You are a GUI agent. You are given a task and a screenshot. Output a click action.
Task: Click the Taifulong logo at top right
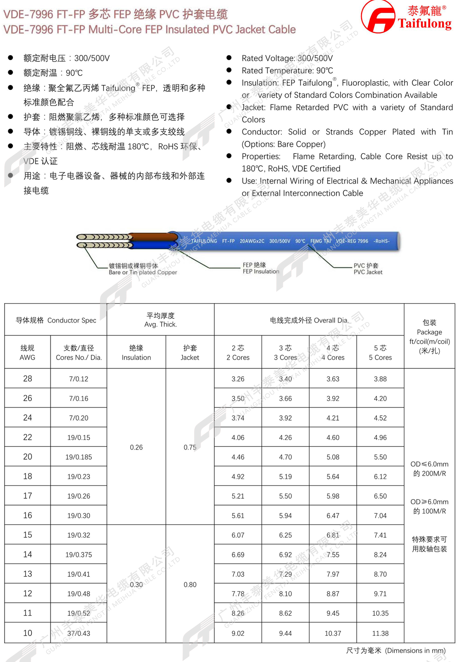pyautogui.click(x=406, y=17)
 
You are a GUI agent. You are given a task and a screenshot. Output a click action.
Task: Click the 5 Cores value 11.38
pyautogui.click(x=380, y=633)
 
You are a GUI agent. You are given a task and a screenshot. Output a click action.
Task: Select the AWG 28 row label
pyautogui.click(x=28, y=378)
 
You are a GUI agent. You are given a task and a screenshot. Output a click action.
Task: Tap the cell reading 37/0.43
pyautogui.click(x=78, y=633)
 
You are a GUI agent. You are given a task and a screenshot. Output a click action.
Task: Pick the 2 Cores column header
pyautogui.click(x=238, y=352)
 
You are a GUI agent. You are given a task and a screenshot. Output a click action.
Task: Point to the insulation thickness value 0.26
pyautogui.click(x=136, y=447)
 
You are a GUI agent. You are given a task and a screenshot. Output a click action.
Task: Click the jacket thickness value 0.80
pyautogui.click(x=190, y=584)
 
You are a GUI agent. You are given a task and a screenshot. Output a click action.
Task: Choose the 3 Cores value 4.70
pyautogui.click(x=285, y=457)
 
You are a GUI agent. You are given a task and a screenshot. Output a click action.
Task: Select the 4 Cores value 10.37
pyautogui.click(x=333, y=633)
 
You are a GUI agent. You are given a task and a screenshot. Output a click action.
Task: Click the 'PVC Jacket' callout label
pyautogui.click(x=368, y=269)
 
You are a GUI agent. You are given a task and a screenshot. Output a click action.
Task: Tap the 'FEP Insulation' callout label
pyautogui.click(x=261, y=268)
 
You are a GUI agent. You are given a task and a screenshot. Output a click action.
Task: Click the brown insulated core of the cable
pyautogui.click(x=154, y=237)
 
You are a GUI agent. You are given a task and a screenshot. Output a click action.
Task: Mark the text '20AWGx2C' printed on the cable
pyautogui.click(x=252, y=241)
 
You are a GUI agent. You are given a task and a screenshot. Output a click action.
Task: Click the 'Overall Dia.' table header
pyautogui.click(x=309, y=320)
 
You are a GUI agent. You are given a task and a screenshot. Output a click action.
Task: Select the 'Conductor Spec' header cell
pyautogui.click(x=56, y=320)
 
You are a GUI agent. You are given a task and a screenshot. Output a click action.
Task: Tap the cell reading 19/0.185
pyautogui.click(x=78, y=457)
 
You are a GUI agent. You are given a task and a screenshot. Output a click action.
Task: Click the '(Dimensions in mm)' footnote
pyautogui.click(x=396, y=651)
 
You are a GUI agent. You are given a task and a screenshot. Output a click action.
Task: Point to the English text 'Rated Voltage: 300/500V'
pyautogui.click(x=287, y=58)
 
